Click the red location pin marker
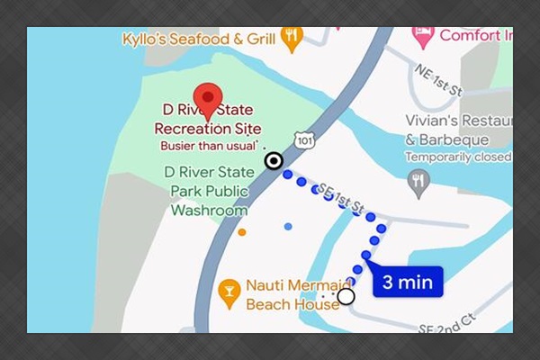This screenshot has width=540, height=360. [209, 99]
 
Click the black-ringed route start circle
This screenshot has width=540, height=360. [274, 162]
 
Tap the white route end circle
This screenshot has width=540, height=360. [346, 295]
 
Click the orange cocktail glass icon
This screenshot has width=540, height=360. [229, 290]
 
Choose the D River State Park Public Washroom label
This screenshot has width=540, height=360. [211, 191]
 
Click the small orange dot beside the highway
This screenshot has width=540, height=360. [242, 232]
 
